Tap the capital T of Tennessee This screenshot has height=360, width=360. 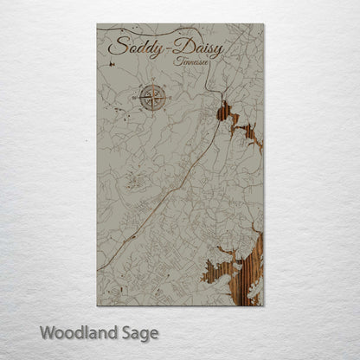coord(177,60)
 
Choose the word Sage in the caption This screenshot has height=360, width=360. coord(138,332)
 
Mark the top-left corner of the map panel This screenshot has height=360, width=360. coord(98,25)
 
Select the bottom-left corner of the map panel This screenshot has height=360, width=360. coord(98,305)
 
